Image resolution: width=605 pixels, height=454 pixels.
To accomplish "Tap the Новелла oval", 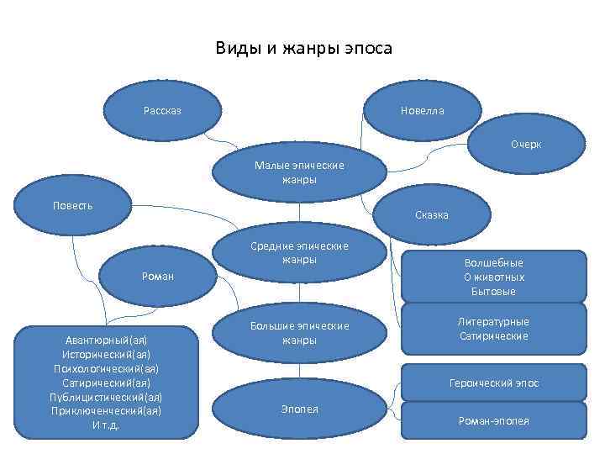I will (x=423, y=111).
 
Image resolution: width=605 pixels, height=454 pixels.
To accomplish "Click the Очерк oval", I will (x=526, y=145).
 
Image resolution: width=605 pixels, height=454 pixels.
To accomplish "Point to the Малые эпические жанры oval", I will (x=299, y=172).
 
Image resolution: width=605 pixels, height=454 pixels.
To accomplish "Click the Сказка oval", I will (x=432, y=215).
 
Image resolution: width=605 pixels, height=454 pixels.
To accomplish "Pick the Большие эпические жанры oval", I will (x=299, y=333).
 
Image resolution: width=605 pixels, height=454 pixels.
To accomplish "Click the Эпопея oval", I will (x=299, y=409).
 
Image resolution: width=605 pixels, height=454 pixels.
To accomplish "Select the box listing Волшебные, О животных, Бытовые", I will (x=493, y=277).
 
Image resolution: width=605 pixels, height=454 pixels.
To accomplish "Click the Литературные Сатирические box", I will (x=493, y=329).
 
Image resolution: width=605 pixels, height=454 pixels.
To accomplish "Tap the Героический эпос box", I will (x=493, y=383).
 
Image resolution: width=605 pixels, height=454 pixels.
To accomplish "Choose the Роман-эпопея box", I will (x=493, y=420).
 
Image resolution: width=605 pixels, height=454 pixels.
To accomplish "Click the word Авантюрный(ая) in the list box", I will (x=106, y=340).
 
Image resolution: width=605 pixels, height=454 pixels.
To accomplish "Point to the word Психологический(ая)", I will (x=106, y=368).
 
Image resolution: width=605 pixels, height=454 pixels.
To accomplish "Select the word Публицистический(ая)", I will (x=106, y=397).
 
